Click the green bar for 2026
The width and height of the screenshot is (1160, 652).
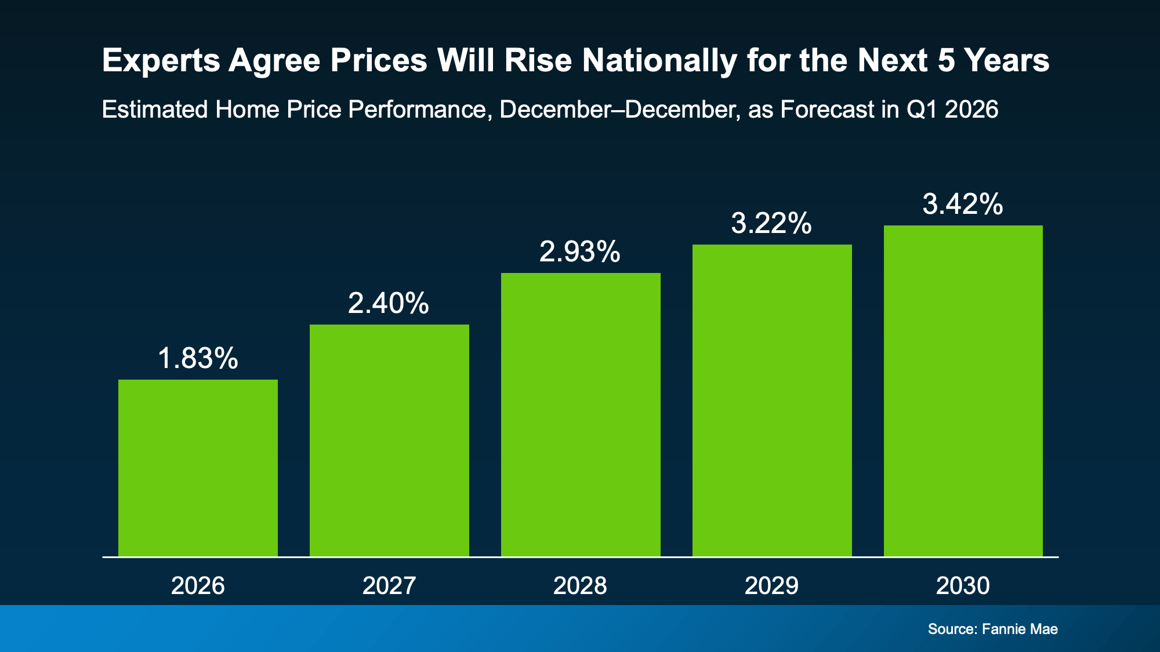198,468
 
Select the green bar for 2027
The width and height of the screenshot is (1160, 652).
389,440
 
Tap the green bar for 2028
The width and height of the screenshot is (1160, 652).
581,414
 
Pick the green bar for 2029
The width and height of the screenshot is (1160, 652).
772,400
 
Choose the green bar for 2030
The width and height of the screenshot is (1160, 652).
963,391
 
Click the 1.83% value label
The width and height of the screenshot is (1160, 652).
198,358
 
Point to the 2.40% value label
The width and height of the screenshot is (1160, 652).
389,303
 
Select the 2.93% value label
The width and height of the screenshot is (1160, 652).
580,252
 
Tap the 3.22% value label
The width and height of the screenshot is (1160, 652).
771,223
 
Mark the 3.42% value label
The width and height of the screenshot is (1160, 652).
963,204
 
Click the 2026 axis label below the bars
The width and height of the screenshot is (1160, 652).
198,585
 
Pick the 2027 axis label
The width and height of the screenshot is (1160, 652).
389,585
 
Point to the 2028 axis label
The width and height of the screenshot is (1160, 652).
580,585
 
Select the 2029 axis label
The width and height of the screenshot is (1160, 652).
771,585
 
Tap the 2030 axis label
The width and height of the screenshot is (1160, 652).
963,585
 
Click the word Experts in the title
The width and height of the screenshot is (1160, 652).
161,61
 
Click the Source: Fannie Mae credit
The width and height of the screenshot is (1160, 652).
992,629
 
